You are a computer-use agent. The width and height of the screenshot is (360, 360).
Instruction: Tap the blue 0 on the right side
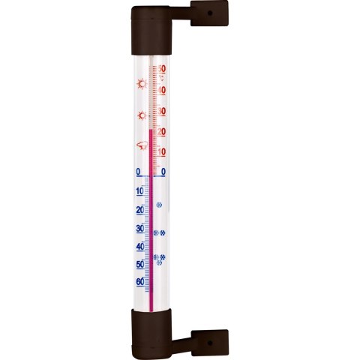pos(163,172)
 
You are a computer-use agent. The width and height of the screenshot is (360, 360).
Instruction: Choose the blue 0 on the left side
pos(139,172)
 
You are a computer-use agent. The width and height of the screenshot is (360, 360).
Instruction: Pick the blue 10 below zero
pos(139,191)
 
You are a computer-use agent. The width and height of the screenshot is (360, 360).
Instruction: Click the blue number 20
pos(139,210)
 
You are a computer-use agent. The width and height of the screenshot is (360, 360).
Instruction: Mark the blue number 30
pos(139,229)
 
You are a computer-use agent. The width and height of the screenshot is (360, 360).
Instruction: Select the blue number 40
pos(139,247)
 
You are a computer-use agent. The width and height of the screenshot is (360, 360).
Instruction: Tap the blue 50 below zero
pos(139,265)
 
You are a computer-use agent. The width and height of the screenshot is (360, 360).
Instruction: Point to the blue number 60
pos(139,283)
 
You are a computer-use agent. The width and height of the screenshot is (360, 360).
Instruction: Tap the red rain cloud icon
pos(139,145)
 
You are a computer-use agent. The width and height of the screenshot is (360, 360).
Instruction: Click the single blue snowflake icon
pos(159,204)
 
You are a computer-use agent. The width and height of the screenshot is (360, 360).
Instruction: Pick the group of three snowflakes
pos(160,258)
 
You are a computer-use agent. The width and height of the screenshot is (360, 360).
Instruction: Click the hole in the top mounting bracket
pos(208,12)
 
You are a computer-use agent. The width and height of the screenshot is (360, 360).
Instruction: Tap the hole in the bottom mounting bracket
pos(208,341)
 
